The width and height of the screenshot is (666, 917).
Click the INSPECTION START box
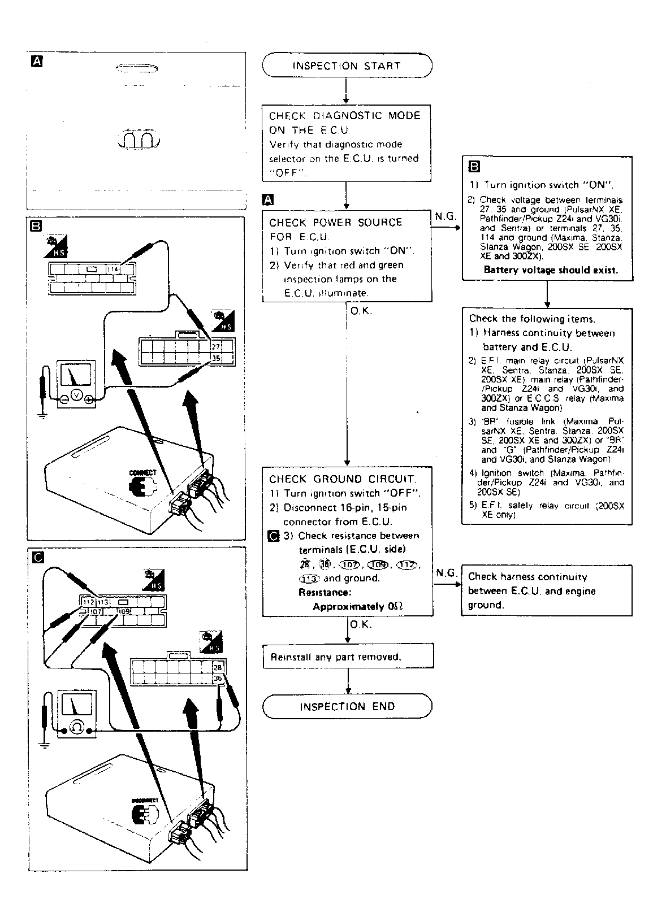347,66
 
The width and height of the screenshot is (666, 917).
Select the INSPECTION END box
347,706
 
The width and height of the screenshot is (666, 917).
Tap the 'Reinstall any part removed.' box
348,657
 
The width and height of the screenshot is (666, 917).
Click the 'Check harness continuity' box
546,590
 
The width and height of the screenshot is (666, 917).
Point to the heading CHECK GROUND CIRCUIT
343,479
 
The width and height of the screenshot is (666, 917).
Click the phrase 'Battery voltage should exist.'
551,270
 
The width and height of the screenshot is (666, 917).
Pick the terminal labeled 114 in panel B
113,270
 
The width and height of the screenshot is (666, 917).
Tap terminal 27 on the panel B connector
215,346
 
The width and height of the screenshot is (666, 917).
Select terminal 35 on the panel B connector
215,358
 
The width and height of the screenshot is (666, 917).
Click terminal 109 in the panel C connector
124,611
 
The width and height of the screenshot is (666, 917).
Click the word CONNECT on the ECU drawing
142,472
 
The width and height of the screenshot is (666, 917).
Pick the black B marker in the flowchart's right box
474,167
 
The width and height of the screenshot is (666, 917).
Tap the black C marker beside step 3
274,536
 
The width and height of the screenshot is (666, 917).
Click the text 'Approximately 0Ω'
357,606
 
